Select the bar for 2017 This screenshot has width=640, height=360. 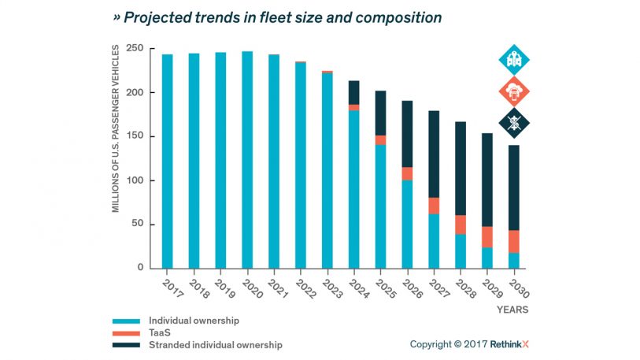[168, 161]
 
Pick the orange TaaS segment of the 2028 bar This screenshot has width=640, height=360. [461, 225]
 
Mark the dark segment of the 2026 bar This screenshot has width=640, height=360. [407, 134]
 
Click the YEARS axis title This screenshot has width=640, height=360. [512, 310]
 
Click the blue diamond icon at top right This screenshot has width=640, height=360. [514, 60]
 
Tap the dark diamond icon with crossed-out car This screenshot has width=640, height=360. [514, 123]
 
